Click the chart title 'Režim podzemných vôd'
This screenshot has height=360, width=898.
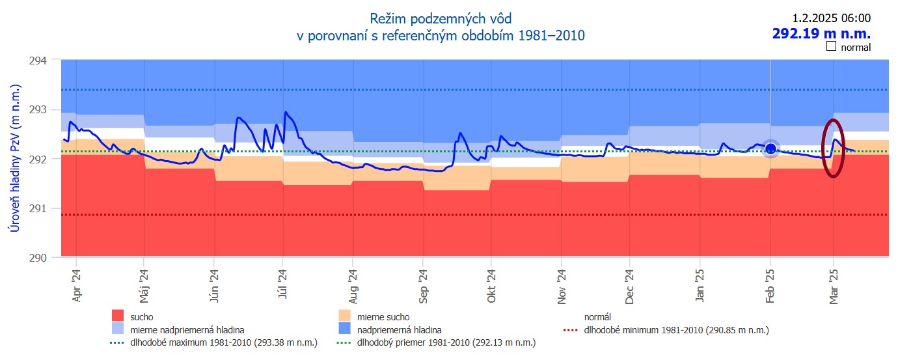click(441, 18)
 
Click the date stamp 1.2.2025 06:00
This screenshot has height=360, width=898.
click(831, 18)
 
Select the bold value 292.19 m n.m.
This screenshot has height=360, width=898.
click(821, 33)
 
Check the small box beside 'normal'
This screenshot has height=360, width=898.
click(830, 47)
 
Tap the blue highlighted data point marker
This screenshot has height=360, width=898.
click(770, 149)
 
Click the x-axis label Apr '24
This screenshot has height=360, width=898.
click(77, 285)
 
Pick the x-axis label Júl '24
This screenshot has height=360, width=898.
click(282, 285)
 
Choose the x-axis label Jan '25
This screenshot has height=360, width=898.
click(699, 285)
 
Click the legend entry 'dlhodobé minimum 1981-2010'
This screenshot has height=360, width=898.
click(677, 330)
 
